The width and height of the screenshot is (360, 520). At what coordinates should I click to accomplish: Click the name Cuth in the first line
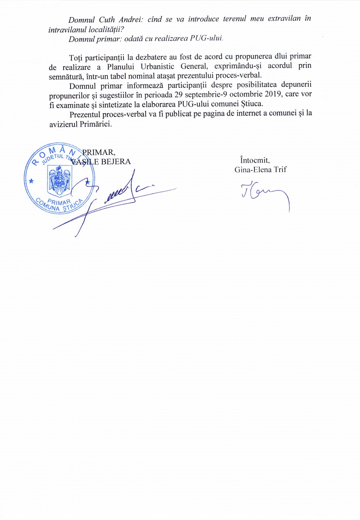point(107,20)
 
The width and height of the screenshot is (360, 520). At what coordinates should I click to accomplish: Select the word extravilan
point(284,18)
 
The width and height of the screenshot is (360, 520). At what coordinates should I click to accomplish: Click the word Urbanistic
point(157,66)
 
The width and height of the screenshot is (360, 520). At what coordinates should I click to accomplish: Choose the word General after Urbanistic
point(194,66)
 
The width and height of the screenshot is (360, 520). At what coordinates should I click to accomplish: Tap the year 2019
point(273,94)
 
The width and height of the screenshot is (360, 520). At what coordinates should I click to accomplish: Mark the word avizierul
point(64,124)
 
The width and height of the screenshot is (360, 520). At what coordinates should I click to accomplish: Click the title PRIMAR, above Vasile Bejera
point(99,152)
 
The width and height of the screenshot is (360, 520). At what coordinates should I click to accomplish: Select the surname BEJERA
point(116,162)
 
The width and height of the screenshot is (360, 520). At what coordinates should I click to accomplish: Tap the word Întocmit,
point(255,160)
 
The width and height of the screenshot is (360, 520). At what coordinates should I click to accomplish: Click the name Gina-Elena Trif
point(260,169)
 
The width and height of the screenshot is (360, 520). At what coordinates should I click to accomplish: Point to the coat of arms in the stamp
point(59,180)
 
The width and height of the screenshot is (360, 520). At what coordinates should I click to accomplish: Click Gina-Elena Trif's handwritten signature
point(264,192)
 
